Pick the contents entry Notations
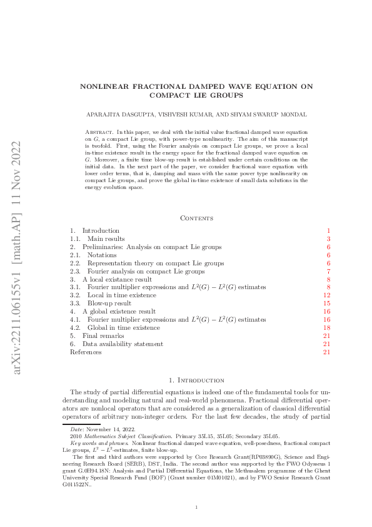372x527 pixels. pyautogui.click(x=102, y=255)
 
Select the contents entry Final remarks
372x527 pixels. pyautogui.click(x=101, y=335)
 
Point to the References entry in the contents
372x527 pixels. pyautogui.click(x=85, y=352)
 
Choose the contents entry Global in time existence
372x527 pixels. pyautogui.click(x=123, y=327)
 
